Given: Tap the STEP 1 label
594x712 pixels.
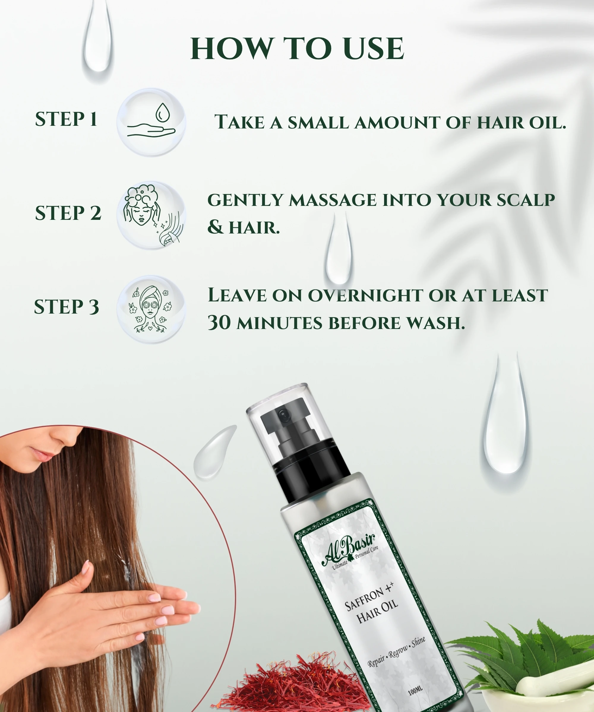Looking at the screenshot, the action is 66,119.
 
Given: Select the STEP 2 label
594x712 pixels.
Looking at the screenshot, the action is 68,213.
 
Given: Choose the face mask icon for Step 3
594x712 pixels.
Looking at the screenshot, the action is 150,309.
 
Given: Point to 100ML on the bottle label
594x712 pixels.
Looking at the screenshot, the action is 415,690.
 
